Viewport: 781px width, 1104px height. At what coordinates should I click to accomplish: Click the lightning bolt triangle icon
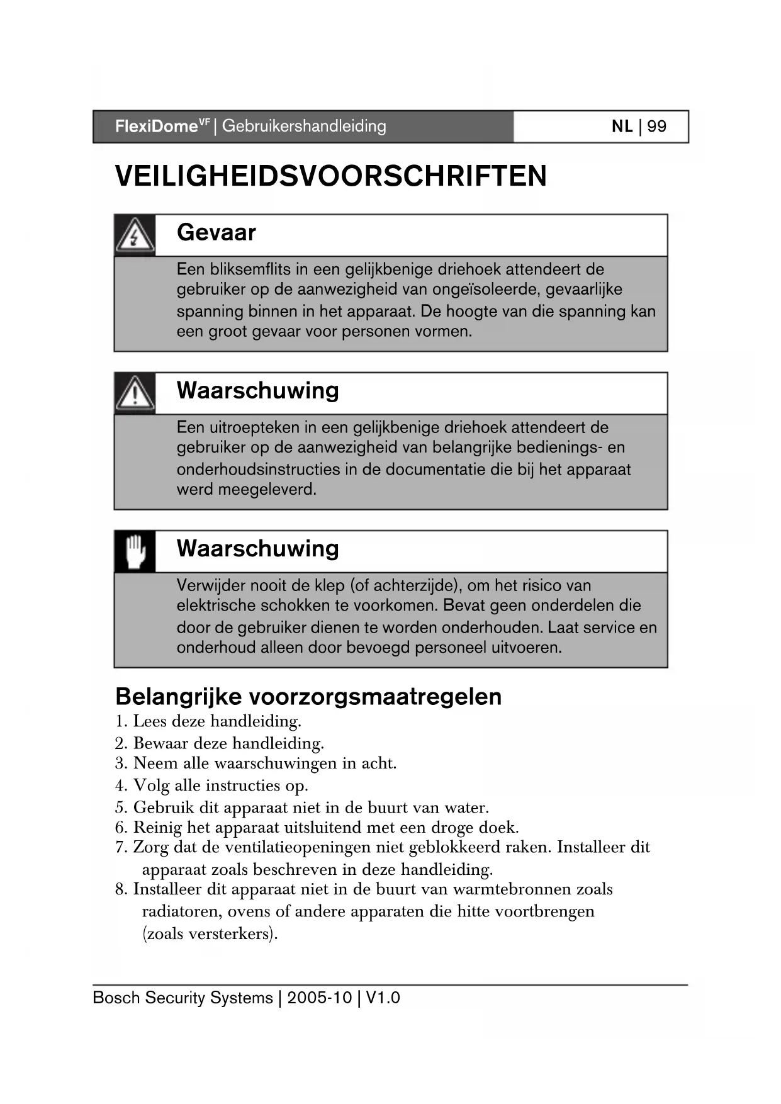[134, 235]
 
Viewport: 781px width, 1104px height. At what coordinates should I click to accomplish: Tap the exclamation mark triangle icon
[134, 393]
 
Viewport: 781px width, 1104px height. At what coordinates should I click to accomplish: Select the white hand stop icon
[135, 551]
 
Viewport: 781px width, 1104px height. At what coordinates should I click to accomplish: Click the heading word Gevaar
[216, 233]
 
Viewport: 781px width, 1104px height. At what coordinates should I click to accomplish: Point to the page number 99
[656, 127]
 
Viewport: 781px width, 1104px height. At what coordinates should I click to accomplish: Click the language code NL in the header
[622, 127]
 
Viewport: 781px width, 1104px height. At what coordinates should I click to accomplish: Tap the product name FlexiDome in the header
[156, 127]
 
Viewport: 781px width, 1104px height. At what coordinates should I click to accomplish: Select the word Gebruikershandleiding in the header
[304, 127]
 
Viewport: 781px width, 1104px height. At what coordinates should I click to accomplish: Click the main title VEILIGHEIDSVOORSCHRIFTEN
[331, 176]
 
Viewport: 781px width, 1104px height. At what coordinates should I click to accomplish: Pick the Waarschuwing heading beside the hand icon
[257, 548]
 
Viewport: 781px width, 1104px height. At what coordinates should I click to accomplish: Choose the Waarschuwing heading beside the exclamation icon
[257, 390]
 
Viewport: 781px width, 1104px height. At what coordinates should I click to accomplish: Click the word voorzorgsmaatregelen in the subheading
[376, 697]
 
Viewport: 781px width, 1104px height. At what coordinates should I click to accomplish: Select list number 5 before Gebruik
[120, 808]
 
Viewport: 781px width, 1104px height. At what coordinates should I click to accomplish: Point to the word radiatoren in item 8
[181, 911]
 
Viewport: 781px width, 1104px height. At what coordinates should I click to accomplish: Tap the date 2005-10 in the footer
[319, 998]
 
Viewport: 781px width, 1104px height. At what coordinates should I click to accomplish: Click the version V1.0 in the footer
[383, 998]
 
